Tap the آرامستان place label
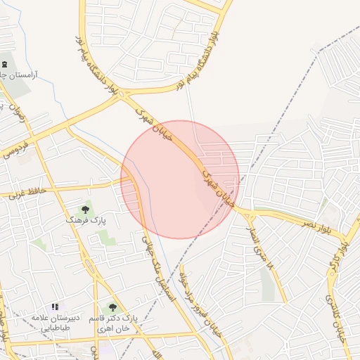point(21,74)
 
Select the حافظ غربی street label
point(27,191)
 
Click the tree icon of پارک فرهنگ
point(86,209)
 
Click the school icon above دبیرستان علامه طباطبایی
point(55,307)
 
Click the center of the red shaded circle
point(180,179)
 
